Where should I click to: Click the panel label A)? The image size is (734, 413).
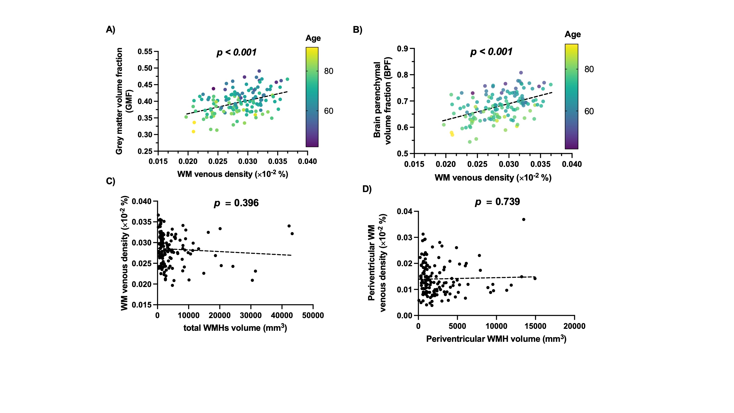click(x=111, y=30)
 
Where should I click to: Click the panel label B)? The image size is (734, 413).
click(x=357, y=30)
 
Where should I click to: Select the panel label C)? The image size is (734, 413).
click(x=111, y=181)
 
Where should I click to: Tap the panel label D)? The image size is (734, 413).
click(x=367, y=189)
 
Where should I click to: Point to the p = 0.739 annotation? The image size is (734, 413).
click(x=497, y=202)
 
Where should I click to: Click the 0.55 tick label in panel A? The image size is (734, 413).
click(x=145, y=52)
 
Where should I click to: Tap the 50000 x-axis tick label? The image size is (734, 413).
click(x=313, y=316)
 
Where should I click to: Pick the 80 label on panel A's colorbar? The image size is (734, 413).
click(x=329, y=71)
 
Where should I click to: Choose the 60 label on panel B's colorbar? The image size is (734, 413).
click(x=589, y=111)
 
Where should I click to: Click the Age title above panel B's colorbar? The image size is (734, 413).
click(x=573, y=34)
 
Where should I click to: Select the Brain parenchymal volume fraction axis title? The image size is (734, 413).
click(x=382, y=101)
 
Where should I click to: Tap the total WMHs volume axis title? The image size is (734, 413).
click(x=235, y=328)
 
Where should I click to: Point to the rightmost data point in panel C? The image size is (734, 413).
click(x=292, y=234)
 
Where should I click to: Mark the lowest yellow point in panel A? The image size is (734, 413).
click(x=194, y=132)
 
